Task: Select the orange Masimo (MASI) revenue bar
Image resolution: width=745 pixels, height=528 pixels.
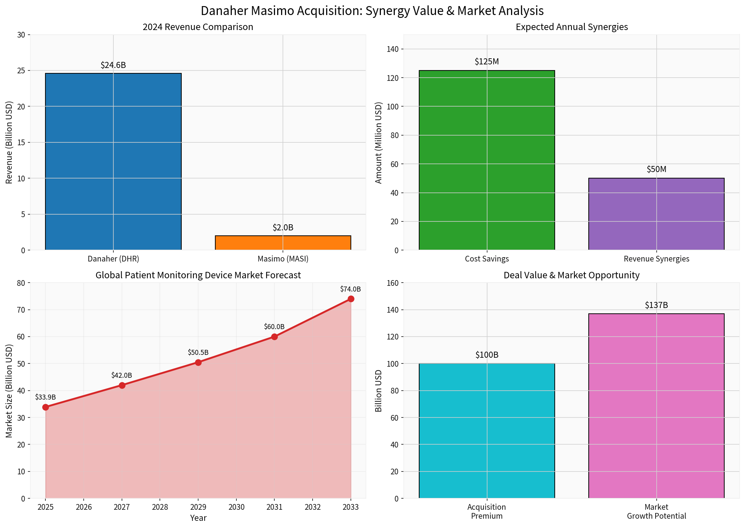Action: click(x=283, y=243)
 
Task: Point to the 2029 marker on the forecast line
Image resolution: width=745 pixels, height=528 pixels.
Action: click(x=198, y=362)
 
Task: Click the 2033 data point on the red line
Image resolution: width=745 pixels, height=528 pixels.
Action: click(x=351, y=299)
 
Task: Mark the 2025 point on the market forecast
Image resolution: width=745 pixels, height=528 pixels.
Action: click(x=45, y=407)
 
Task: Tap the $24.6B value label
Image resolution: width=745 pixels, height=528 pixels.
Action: click(x=113, y=65)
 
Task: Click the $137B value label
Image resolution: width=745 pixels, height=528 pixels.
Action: click(x=656, y=305)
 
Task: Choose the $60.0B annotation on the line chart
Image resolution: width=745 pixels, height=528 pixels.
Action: click(x=274, y=327)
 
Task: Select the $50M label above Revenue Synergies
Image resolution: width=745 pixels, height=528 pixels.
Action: click(x=656, y=169)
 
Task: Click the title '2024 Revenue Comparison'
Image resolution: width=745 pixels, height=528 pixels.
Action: click(x=198, y=27)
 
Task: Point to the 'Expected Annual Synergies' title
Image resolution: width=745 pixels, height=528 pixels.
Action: click(x=572, y=27)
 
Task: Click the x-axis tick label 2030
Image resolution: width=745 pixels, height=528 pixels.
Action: click(x=236, y=507)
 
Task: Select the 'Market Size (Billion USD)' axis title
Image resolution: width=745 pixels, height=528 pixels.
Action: click(x=9, y=391)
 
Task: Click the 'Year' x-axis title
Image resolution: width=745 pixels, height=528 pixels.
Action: click(x=198, y=518)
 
